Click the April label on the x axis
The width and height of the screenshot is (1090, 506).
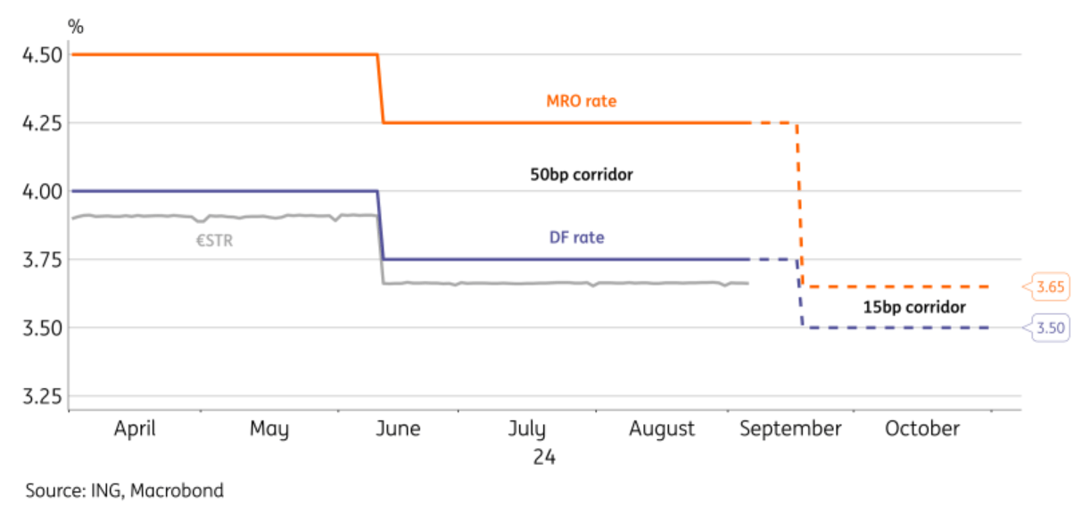point(135,429)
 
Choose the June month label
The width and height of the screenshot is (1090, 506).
point(398,429)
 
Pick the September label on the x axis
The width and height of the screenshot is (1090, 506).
point(790,429)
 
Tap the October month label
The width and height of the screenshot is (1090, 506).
point(922,429)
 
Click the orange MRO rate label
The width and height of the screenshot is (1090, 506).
point(582,102)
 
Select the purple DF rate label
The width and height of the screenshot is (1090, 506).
point(576,238)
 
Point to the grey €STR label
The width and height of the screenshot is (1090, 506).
point(214,239)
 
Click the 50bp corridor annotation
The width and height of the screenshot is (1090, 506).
point(582,175)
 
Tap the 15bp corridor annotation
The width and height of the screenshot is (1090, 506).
point(914,307)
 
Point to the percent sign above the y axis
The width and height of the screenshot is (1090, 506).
point(76,26)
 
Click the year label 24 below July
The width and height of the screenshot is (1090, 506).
point(545,457)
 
